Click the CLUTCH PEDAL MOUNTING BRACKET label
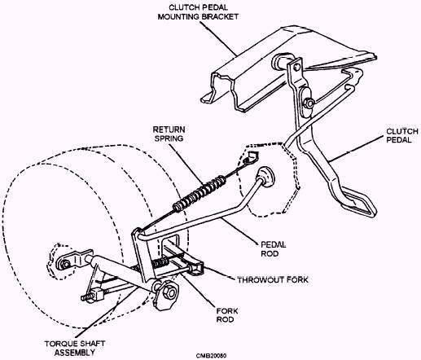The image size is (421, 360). click(x=198, y=12)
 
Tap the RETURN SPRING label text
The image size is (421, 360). click(x=169, y=134)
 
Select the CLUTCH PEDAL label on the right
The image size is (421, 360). click(x=402, y=135)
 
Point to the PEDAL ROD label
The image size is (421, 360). click(x=273, y=249)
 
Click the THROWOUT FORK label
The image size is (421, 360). click(x=273, y=280)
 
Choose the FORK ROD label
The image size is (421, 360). click(x=227, y=315)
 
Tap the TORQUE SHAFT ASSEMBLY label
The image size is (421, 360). click(x=75, y=348)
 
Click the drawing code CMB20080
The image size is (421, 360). click(x=212, y=356)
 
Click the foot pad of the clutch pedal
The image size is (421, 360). click(x=358, y=200)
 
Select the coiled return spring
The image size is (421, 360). click(x=200, y=193)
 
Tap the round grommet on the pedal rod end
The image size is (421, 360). click(x=265, y=176)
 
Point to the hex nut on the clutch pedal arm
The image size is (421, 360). click(x=309, y=103)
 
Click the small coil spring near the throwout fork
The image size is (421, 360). click(x=160, y=262)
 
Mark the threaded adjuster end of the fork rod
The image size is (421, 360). click(x=86, y=297)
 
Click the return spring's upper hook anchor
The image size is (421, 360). click(x=252, y=158)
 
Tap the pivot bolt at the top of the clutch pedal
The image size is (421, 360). click(x=296, y=67)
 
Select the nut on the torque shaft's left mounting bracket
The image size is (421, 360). click(x=65, y=264)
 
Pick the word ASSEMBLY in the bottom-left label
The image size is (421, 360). click(x=75, y=353)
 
